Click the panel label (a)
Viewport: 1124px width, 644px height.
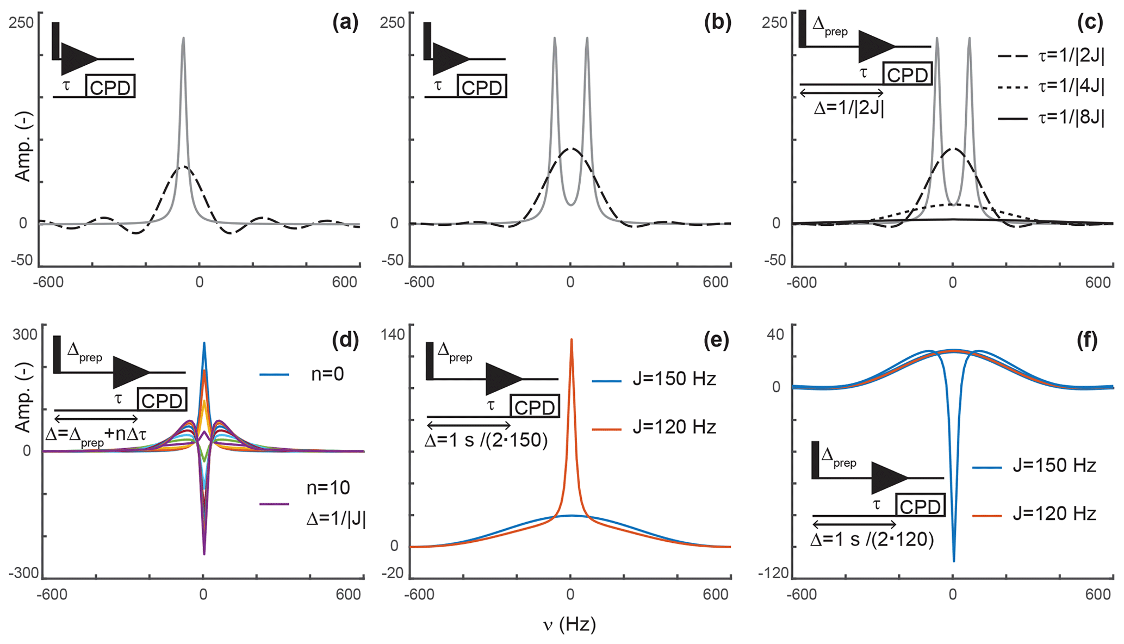(345, 23)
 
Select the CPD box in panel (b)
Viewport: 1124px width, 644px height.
(482, 86)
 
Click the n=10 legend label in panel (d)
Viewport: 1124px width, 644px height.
(328, 488)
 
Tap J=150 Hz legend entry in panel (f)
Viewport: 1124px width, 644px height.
(1054, 466)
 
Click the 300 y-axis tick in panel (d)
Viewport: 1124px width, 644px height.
(25, 334)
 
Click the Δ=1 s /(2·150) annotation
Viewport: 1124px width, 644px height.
(486, 439)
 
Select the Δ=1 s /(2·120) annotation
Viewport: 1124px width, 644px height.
(872, 540)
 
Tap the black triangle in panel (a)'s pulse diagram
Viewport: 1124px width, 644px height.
(77, 59)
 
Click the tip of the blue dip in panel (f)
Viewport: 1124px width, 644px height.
(954, 561)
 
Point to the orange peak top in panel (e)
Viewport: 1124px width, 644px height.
(572, 339)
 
